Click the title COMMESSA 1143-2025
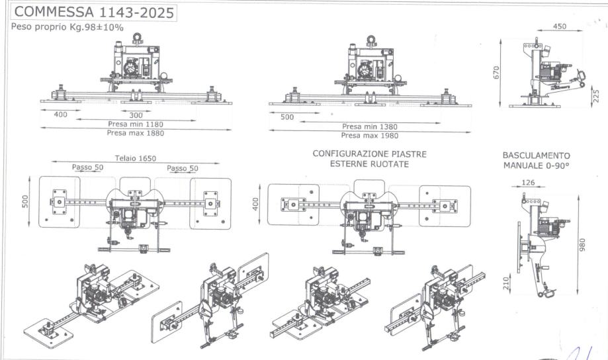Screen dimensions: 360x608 click(x=93, y=12)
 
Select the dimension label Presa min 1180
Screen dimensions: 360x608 click(x=135, y=124)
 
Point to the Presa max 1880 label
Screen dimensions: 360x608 click(x=135, y=133)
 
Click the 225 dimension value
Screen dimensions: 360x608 click(x=595, y=97)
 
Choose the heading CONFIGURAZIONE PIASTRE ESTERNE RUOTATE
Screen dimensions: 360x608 click(x=369, y=159)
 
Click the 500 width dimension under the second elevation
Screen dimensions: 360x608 click(x=287, y=117)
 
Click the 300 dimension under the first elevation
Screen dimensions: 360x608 click(x=136, y=115)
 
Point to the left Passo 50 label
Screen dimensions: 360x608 click(x=87, y=168)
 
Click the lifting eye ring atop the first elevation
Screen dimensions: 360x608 click(x=138, y=37)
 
